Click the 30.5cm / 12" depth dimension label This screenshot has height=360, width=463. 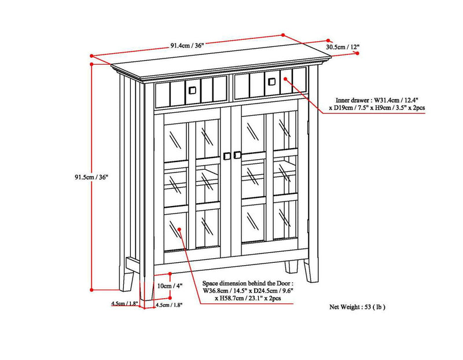(x=343, y=46)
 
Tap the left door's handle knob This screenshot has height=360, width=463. (x=226, y=155)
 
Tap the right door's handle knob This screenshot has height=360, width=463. (x=237, y=155)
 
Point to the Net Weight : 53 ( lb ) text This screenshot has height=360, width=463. (x=357, y=306)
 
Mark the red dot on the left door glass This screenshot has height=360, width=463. (x=180, y=229)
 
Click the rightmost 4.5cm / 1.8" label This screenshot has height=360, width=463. (x=170, y=304)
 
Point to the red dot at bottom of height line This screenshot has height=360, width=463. (x=91, y=289)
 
